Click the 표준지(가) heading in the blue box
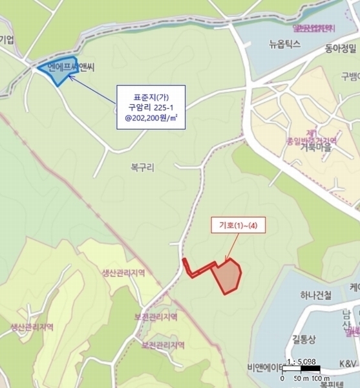point(151,94)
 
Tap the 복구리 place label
point(141,166)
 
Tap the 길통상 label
point(304,339)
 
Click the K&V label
point(348,364)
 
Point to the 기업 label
point(6,39)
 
